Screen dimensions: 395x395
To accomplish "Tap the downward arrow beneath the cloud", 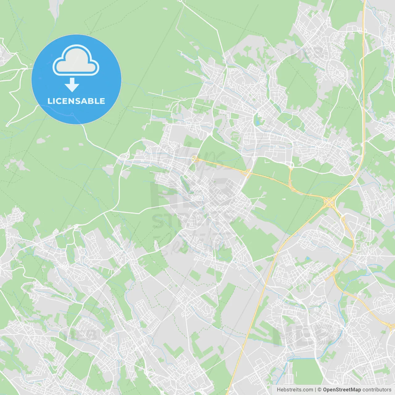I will click(x=72, y=85).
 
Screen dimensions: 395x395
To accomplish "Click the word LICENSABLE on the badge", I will click(x=76, y=101).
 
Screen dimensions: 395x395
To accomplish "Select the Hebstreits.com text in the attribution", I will click(x=295, y=390).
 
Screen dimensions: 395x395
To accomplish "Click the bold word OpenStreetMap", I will click(x=342, y=390).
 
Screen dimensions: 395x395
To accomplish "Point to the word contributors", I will click(x=377, y=390).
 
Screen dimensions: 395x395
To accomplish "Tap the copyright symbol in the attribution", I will click(x=320, y=390).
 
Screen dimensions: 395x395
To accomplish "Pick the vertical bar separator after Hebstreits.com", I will click(x=315, y=390).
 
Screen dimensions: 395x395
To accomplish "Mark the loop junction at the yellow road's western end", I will click(x=194, y=159).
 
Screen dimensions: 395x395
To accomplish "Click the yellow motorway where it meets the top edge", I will click(x=364, y=2).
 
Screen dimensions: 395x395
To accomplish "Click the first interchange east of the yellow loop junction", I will click(x=247, y=173).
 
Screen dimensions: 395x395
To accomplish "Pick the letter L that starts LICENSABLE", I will click(x=50, y=101).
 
